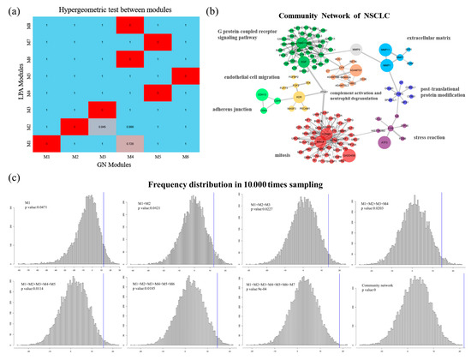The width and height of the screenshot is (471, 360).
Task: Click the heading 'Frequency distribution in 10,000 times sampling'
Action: click(x=249, y=187)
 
